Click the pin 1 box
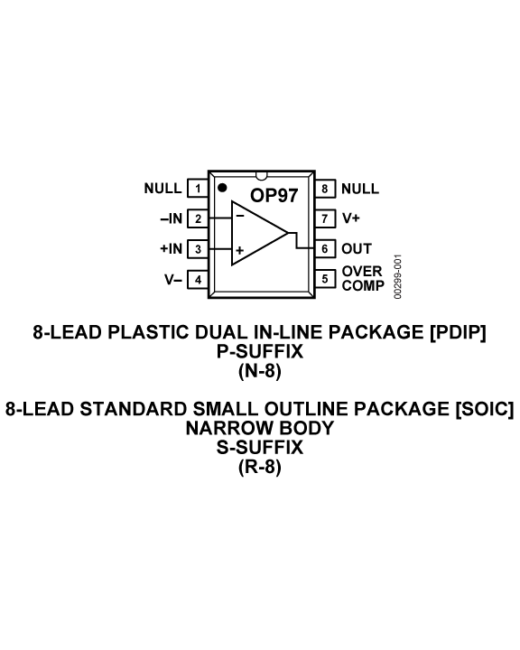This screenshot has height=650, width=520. (x=198, y=188)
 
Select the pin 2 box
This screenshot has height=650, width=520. (x=198, y=218)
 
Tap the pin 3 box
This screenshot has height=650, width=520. (x=198, y=249)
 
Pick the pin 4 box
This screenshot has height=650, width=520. (x=198, y=279)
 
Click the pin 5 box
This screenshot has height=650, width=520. (x=325, y=279)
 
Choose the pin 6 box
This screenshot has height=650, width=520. (x=325, y=249)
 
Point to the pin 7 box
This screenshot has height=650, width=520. (x=325, y=218)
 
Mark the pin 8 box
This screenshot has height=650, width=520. (x=325, y=188)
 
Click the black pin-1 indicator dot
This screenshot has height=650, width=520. (x=222, y=188)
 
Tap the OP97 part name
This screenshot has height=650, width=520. (x=274, y=195)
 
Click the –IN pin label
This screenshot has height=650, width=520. (x=172, y=218)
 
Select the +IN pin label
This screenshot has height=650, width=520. (x=172, y=249)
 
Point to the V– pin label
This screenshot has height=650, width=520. (x=173, y=280)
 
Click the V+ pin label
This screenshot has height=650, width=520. (x=351, y=218)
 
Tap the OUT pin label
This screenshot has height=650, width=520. (x=357, y=249)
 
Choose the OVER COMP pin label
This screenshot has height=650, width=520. (x=363, y=278)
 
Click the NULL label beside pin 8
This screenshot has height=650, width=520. (x=360, y=189)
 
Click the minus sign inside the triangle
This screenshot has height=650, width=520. (x=240, y=216)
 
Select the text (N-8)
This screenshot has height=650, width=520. (x=260, y=371)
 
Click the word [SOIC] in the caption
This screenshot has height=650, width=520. (x=485, y=409)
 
